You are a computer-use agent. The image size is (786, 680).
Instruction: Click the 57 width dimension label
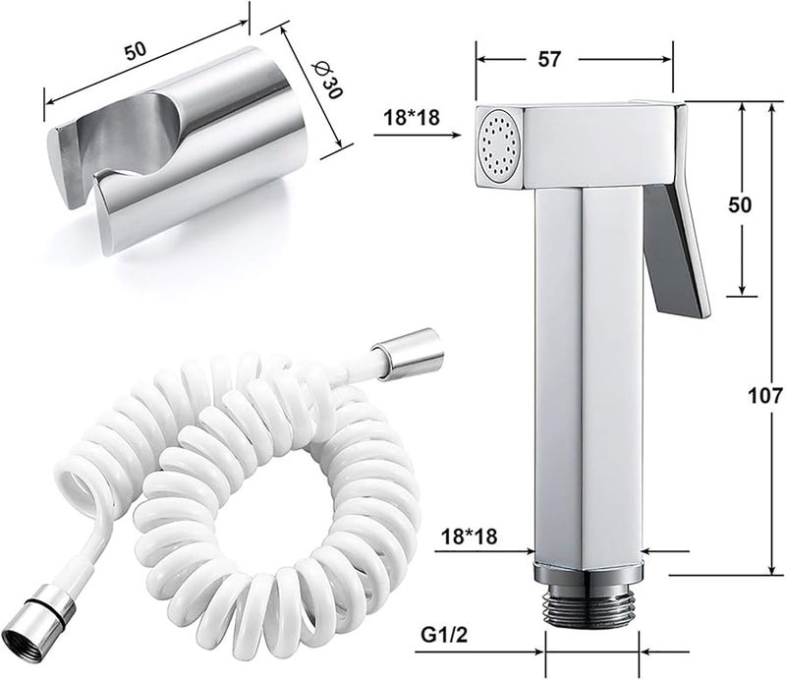pos(549,59)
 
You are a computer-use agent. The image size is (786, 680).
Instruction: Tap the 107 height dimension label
pos(765,396)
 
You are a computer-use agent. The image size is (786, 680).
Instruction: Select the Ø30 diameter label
pos(327,80)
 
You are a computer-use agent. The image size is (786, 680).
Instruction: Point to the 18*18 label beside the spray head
pos(412,117)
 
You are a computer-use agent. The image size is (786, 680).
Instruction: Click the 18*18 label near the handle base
pos(469,537)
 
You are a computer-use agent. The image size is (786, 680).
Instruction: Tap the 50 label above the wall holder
pos(136,51)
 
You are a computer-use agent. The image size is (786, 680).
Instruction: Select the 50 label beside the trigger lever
pos(740,204)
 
